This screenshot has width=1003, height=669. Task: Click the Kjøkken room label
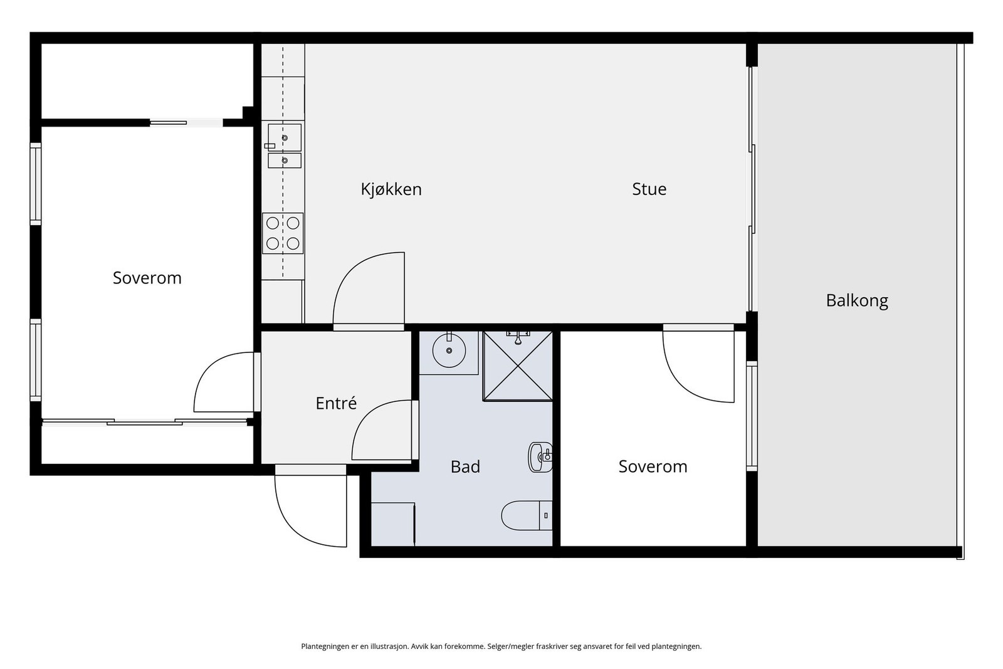click(391, 189)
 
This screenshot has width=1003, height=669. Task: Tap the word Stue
click(649, 189)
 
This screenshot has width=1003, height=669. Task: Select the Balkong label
click(856, 300)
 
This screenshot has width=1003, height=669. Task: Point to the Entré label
click(336, 403)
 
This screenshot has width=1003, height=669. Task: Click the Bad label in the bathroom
click(465, 466)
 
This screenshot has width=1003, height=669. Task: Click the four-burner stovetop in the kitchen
click(283, 233)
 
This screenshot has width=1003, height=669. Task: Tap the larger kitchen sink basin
click(285, 137)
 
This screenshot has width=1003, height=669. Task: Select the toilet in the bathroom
click(527, 515)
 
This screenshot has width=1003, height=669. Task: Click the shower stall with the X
click(518, 366)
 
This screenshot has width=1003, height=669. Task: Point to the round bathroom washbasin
click(449, 350)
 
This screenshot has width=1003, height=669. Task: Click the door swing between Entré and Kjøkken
click(369, 291)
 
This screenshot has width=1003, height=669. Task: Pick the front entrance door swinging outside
click(311, 511)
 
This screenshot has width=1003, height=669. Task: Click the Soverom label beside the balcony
click(653, 466)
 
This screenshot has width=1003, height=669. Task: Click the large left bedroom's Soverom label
click(147, 278)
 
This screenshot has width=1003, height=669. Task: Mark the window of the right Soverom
click(752, 416)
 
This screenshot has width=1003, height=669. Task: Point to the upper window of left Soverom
click(35, 184)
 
